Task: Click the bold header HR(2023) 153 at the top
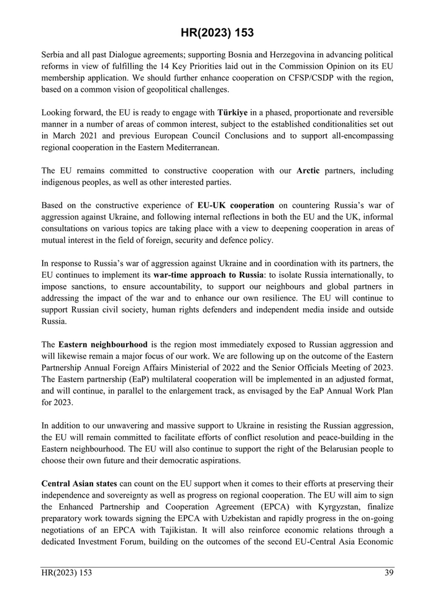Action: click(217, 32)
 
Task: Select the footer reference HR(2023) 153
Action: click(66, 573)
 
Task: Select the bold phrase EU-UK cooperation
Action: click(236, 204)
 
